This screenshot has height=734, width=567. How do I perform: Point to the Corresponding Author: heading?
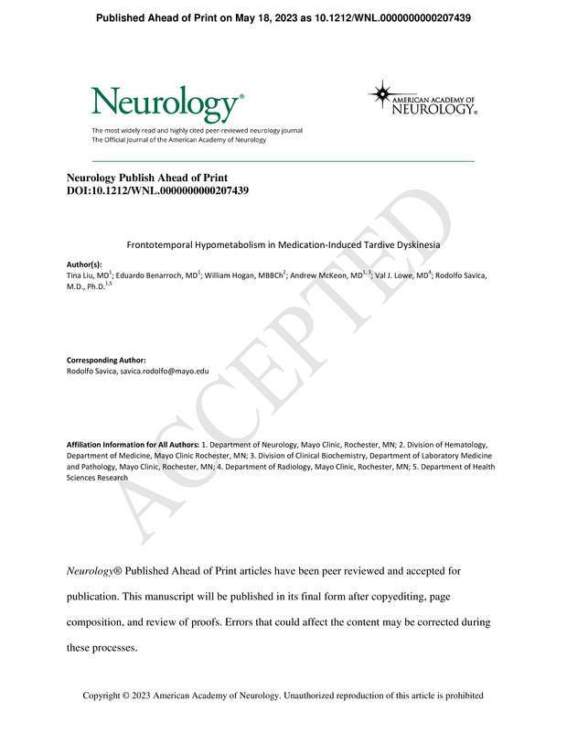pyautogui.click(x=107, y=361)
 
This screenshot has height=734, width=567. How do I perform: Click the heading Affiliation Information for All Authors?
pyautogui.click(x=133, y=444)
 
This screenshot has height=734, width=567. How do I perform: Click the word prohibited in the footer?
pyautogui.click(x=460, y=696)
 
